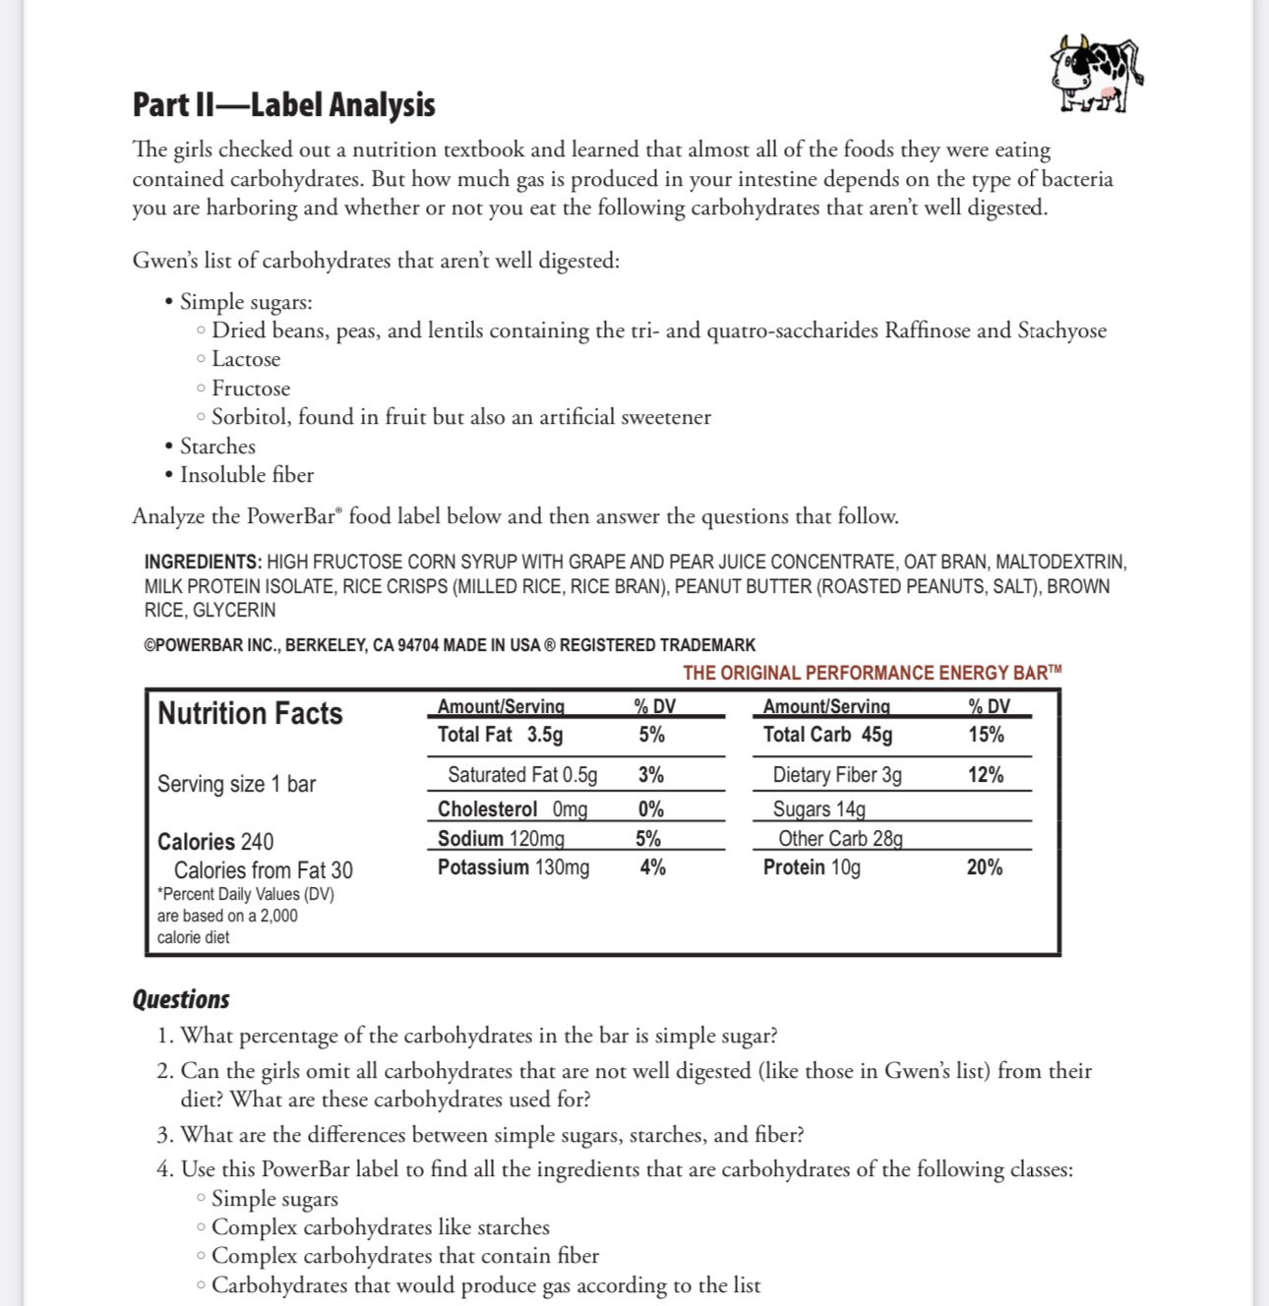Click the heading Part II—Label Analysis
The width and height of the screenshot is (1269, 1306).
(283, 105)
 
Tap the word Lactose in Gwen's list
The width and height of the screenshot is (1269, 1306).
(246, 359)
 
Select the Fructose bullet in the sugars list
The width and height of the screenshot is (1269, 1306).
(251, 388)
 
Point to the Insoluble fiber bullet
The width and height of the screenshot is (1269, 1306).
(246, 475)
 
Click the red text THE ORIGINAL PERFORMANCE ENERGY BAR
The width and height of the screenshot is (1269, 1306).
(872, 673)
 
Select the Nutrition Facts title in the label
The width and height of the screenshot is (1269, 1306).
(250, 713)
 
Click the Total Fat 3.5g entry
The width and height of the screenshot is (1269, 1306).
(500, 735)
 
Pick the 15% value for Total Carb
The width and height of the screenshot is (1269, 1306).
(985, 735)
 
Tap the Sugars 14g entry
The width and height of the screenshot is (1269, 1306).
(818, 809)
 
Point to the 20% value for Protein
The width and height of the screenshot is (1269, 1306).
(984, 867)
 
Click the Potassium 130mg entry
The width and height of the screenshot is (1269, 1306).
(513, 867)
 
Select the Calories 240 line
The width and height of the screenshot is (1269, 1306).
(215, 842)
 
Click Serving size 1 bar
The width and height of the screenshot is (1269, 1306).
(236, 784)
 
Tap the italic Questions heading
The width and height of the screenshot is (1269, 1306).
(181, 999)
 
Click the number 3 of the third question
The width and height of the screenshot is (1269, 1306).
(163, 1135)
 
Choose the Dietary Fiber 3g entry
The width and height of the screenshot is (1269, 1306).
(836, 775)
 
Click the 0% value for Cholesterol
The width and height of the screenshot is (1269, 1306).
(650, 809)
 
